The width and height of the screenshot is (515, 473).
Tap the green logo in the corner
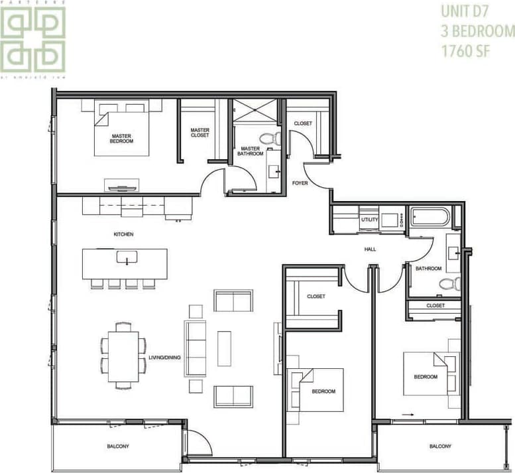tap(33, 38)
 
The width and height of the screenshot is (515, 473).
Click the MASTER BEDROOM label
tap(122, 138)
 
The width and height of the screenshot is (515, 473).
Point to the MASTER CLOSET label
tap(200, 133)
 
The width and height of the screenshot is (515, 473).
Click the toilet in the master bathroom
tap(268, 139)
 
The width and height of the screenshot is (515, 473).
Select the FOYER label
tap(300, 183)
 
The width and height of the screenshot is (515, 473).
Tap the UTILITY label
tap(369, 220)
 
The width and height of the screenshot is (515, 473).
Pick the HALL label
tap(370, 249)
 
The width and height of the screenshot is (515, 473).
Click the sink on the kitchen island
tap(125, 257)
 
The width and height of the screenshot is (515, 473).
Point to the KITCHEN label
tap(123, 234)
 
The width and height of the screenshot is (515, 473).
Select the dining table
tap(123, 356)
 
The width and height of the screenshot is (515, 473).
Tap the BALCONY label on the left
tap(118, 446)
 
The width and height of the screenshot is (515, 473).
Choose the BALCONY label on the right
tap(440, 446)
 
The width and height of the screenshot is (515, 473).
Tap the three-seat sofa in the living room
tap(195, 348)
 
